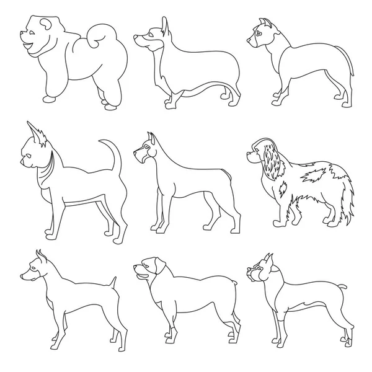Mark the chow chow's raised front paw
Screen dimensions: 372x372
48,98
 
